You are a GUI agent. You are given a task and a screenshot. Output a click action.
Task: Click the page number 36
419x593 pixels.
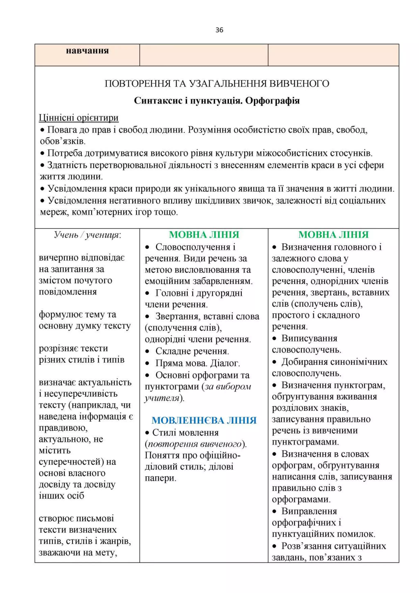coord(219,30)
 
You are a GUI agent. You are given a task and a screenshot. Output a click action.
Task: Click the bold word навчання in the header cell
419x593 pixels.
coord(87,51)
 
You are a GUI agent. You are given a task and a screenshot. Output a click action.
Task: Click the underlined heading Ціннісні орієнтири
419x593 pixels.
coord(79,118)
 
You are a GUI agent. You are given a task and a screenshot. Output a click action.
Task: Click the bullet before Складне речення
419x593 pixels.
coord(147,351)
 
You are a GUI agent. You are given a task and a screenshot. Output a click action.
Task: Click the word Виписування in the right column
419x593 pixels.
coord(309,338)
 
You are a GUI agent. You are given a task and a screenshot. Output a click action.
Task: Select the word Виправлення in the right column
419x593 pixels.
coord(309,511)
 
